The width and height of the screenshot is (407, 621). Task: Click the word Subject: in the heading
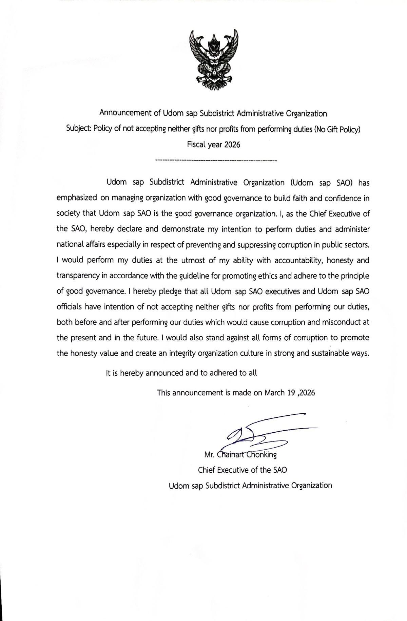pos(79,129)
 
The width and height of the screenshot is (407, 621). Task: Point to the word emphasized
pos(77,198)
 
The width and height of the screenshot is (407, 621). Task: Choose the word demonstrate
pos(183,229)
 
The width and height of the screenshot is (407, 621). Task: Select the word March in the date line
pos(274,393)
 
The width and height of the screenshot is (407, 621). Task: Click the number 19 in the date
pos(291,393)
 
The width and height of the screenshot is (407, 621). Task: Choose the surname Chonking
pos(261,455)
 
